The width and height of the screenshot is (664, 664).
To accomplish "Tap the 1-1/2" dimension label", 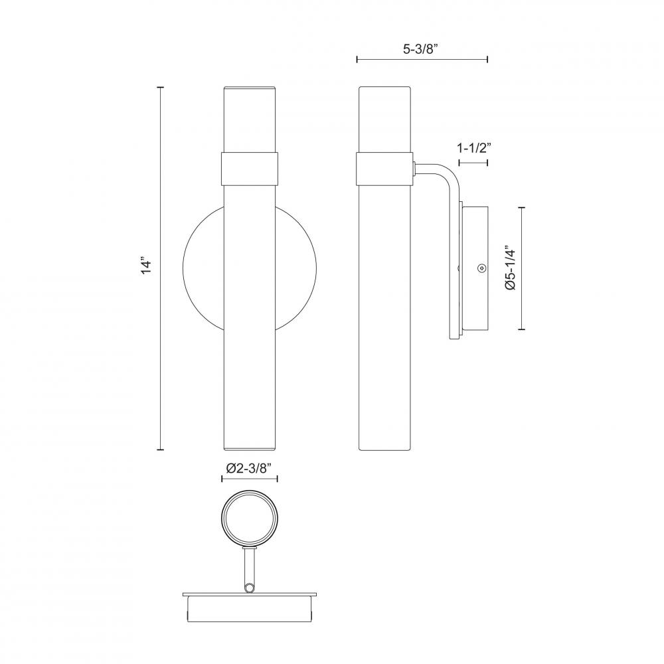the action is [474, 148].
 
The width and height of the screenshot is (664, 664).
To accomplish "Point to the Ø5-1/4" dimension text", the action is [511, 268].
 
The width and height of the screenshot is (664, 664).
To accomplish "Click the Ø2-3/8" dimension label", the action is [248, 467].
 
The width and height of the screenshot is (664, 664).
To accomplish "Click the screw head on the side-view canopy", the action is [481, 268].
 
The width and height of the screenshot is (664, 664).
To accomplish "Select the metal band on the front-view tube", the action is [250, 169].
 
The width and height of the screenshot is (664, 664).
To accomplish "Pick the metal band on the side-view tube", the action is [384, 169].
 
